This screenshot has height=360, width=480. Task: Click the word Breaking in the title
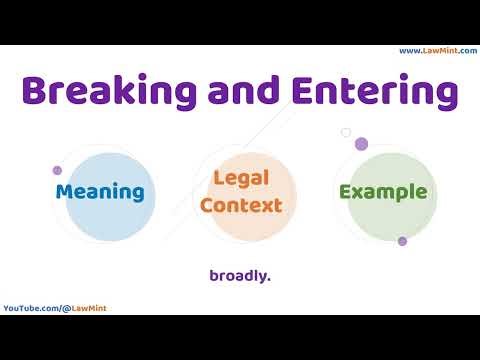click(108, 92)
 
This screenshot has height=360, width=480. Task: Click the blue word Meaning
click(100, 191)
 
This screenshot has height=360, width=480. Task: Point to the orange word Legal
click(240, 180)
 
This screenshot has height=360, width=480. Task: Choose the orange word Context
click(240, 205)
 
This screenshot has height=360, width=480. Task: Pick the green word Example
click(383, 191)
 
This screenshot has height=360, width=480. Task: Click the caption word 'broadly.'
click(240, 275)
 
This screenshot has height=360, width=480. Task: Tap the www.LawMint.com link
click(437, 51)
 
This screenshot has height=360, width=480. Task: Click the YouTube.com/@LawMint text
click(55, 308)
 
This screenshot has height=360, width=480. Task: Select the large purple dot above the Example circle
click(361, 144)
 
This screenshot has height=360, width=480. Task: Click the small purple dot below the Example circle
click(402, 241)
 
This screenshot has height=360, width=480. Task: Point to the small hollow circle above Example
click(346, 132)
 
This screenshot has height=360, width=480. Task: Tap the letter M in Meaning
click(65, 191)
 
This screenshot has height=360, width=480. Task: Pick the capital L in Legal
click(218, 180)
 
